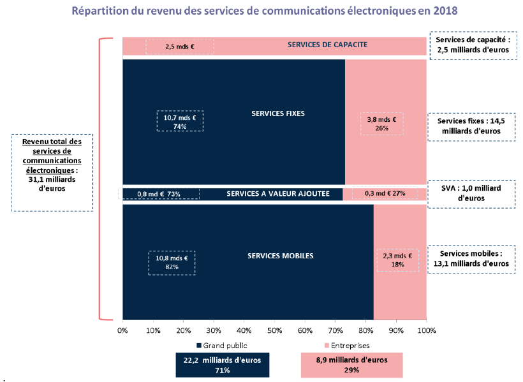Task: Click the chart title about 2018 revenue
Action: coord(265,11)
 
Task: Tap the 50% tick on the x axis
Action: coord(274,330)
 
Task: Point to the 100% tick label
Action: coord(426,330)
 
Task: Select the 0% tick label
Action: coord(122,330)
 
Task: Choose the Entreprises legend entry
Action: coord(348,345)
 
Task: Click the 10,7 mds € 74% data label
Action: coord(180,121)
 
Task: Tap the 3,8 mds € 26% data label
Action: coord(382,124)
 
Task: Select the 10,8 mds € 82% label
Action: coord(172,262)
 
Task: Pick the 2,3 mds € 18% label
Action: coord(398,260)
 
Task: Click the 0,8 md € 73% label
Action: coord(160,193)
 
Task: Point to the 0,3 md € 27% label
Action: coord(385,193)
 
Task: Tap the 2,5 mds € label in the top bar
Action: coord(179,47)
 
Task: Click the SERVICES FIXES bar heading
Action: coord(279,114)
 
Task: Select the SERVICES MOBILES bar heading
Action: coord(280,256)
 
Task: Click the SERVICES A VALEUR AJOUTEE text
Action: coord(278,193)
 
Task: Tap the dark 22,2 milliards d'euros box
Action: coord(223,365)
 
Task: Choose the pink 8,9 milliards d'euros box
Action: coord(351,365)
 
